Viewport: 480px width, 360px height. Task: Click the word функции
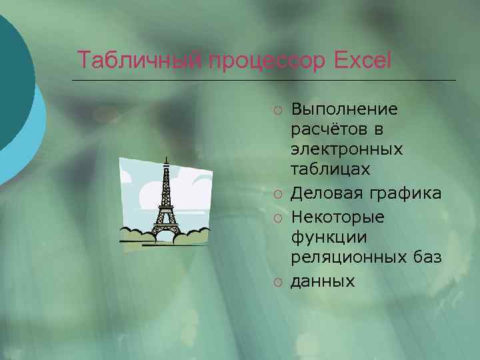click(x=321, y=238)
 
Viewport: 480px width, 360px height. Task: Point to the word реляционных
click(x=349, y=259)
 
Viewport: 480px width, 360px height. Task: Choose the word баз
click(x=427, y=259)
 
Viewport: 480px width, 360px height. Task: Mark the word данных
click(x=323, y=281)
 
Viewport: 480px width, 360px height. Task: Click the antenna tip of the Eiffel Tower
click(x=165, y=157)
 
